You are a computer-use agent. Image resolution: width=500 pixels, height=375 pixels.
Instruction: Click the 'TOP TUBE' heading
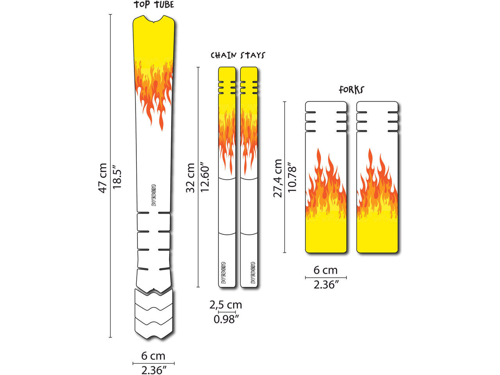click(x=154, y=5)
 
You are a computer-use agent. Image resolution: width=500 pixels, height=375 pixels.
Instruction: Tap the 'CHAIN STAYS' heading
click(x=238, y=55)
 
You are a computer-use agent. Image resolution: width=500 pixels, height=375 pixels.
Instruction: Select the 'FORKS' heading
click(x=351, y=90)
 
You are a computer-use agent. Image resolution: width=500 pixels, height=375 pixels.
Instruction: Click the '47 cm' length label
click(x=103, y=178)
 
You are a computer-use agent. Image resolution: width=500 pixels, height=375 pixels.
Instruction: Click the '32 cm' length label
click(x=191, y=178)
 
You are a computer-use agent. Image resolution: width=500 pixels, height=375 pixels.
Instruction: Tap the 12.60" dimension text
click(x=205, y=177)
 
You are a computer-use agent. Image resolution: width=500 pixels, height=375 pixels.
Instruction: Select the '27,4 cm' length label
click(x=277, y=178)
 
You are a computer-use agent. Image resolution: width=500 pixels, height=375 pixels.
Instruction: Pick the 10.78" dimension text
click(x=292, y=177)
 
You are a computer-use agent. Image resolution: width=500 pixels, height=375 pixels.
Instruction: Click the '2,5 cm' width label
click(x=225, y=305)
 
